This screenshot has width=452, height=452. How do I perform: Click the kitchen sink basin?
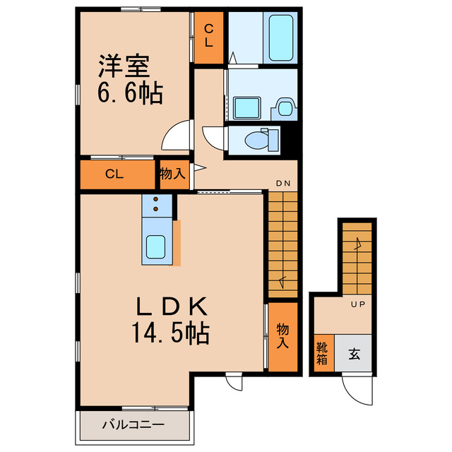[x=156, y=247]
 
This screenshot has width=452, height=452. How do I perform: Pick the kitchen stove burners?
[x=156, y=204]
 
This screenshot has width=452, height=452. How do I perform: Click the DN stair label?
[x=283, y=184]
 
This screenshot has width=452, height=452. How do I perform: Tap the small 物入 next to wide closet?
[x=172, y=174]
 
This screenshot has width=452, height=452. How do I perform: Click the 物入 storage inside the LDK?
[x=282, y=336]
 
